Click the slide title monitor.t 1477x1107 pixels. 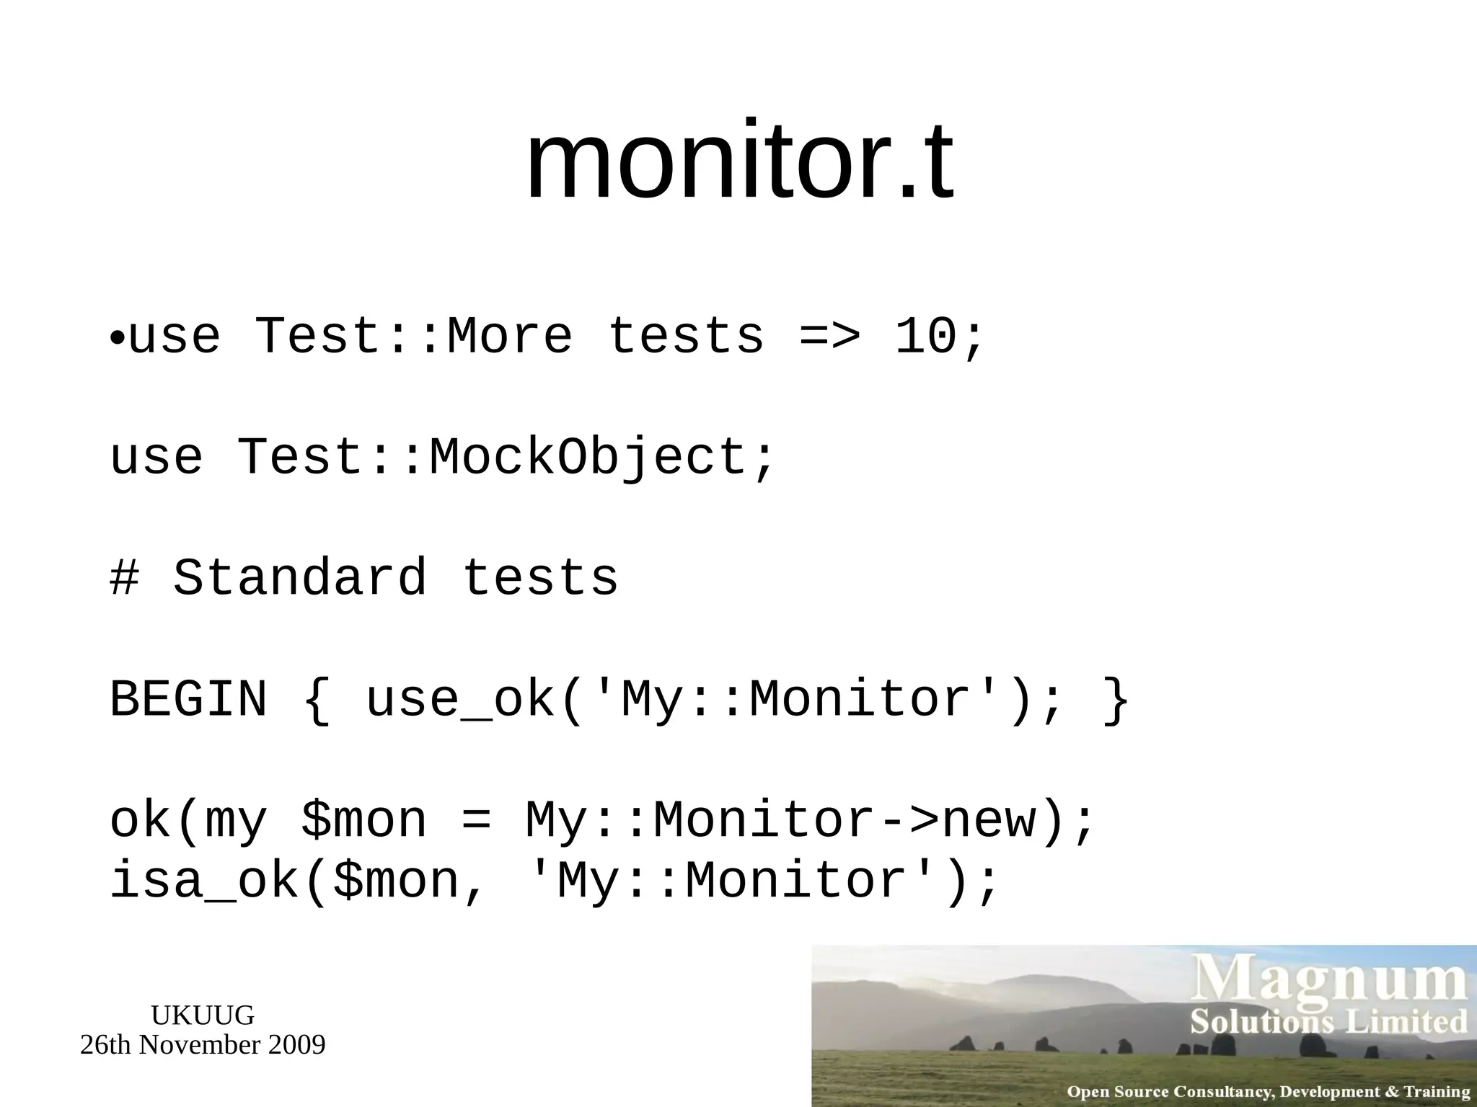coord(739,162)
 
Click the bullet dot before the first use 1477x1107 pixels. coord(118,338)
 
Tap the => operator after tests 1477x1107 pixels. coord(829,337)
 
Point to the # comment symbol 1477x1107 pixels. coord(124,578)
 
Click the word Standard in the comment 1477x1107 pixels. coord(300,578)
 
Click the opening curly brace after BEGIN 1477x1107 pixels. coord(316,701)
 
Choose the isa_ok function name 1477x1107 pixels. coord(204,882)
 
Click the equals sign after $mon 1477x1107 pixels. coord(475,822)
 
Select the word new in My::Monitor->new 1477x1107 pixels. coord(989,820)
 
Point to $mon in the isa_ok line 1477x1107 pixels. coord(397,882)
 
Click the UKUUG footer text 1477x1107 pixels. coord(203,1015)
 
